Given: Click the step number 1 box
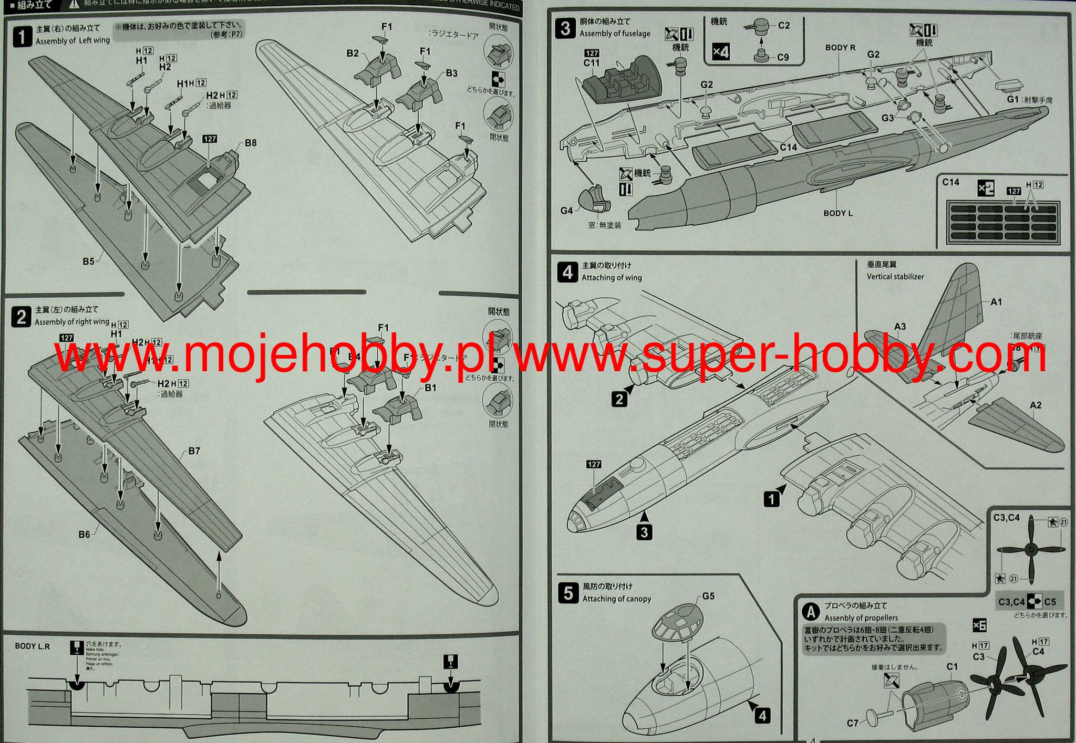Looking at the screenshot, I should coord(22,37).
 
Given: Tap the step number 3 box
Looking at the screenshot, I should coord(565,28).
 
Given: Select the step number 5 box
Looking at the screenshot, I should coord(568,593).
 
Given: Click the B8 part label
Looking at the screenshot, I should coord(251,143).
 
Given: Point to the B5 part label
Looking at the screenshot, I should coord(88,261).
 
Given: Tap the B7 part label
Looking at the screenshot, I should coord(194,451).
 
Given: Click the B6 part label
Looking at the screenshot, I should coord(84,535).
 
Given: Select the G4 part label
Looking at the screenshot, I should coord(566,211).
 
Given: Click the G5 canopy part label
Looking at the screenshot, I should coord(708,596).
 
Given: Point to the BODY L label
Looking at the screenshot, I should coord(838,213).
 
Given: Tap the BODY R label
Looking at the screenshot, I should coord(840,47).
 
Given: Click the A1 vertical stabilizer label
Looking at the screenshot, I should coord(996,302).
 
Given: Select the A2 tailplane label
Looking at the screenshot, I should coord(1035,405).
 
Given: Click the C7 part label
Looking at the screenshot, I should coord(853,723).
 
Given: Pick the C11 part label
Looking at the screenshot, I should coord(591,63).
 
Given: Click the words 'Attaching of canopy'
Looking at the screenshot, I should coord(617,599).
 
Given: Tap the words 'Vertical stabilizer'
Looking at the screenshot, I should coord(895,277).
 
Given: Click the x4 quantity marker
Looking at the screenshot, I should coord(721,52).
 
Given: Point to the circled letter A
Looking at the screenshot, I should coord(812,612).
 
